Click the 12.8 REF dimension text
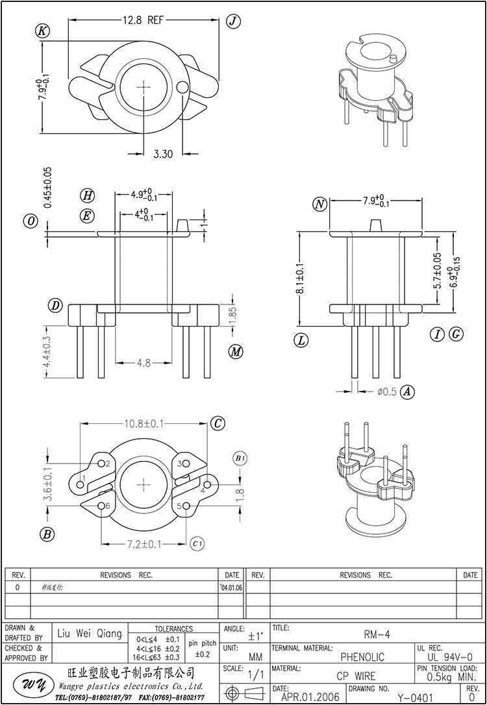click(x=144, y=20)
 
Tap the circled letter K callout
click(x=44, y=30)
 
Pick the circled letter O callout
click(x=31, y=221)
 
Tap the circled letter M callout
click(x=236, y=351)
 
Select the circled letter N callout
click(x=319, y=204)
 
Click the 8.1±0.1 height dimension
click(x=300, y=279)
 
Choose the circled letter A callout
click(x=408, y=391)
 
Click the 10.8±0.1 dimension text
click(x=144, y=423)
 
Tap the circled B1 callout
click(x=240, y=459)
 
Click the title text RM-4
click(x=373, y=634)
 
